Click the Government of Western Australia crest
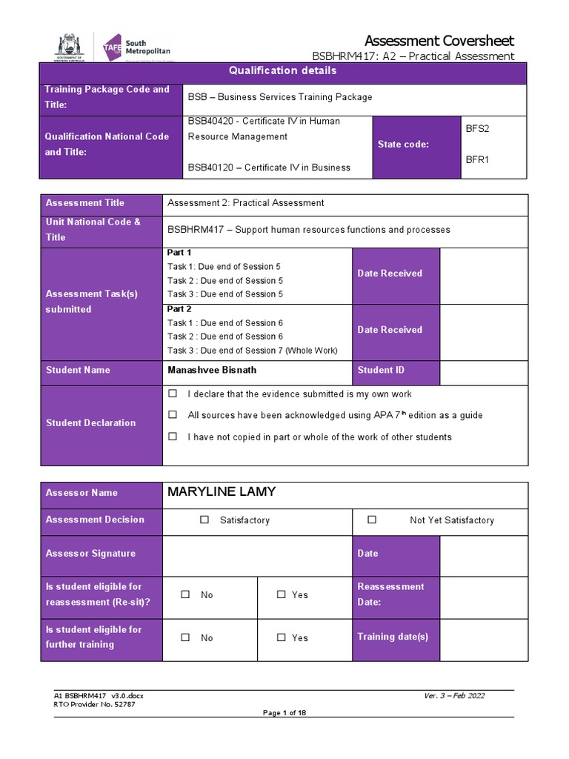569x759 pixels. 70,47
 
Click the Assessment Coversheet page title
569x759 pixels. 439,40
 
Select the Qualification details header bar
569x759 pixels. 283,71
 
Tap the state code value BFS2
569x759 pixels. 477,128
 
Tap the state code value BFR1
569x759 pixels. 477,159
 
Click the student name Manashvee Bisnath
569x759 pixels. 212,370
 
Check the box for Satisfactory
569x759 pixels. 204,520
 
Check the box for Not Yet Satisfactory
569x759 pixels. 372,520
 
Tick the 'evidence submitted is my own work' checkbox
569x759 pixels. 173,394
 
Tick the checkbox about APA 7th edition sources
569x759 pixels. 173,415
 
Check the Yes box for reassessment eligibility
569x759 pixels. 281,594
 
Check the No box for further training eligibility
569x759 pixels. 185,637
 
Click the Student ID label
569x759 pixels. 381,370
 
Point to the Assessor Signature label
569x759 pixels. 90,553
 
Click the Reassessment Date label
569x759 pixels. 390,594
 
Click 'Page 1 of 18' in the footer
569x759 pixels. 284,713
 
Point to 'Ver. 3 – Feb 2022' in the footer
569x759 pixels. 454,695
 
